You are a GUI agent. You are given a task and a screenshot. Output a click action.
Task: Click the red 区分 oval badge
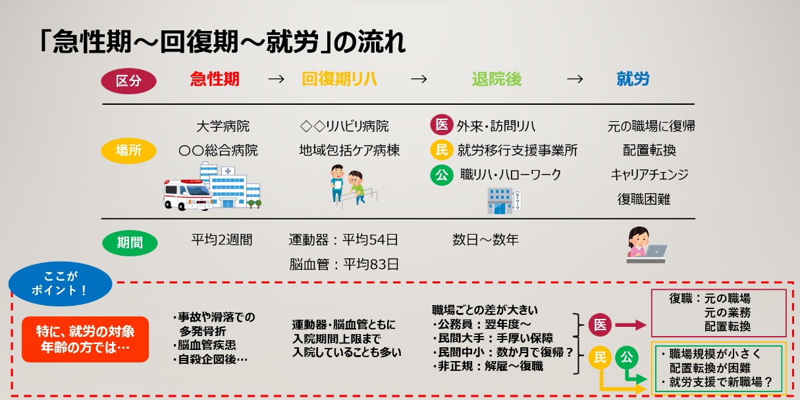pos(128,81)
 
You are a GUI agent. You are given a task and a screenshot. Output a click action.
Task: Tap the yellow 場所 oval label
pos(128,150)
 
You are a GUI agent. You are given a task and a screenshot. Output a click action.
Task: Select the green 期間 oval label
pos(130,243)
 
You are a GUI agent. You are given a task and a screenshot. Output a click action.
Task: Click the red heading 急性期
pos(214,79)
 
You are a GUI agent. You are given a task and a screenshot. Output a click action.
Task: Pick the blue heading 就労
pos(633,79)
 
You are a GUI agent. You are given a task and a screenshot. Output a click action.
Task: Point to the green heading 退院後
pos(496,79)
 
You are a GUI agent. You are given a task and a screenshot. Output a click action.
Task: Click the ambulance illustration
pos(188,194)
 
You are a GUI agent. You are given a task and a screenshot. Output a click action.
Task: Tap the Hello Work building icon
pos(504,201)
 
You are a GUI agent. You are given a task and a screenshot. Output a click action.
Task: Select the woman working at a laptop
pos(646,245)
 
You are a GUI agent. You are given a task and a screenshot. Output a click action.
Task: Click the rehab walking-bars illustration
pos(354,186)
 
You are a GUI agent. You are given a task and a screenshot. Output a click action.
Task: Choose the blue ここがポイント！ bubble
pos(60,284)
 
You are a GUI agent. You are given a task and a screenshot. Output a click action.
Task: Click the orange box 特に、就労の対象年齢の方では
pos(86,339)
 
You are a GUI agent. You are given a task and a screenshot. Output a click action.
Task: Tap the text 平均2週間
pos(222,239)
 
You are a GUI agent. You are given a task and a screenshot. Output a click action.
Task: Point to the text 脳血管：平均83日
pos(344,264)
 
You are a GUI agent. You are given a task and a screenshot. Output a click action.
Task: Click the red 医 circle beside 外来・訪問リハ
pos(442,125)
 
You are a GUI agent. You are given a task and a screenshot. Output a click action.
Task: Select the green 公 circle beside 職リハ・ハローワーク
pos(442,175)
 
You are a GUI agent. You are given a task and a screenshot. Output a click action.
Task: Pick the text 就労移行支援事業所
pos(518,150)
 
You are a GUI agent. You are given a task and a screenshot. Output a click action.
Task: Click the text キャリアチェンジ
pos(649,175)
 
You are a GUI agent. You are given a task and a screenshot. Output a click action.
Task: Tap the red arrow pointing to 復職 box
pos(631,325)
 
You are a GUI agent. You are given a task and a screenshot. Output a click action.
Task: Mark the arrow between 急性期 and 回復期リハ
pos(276,79)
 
